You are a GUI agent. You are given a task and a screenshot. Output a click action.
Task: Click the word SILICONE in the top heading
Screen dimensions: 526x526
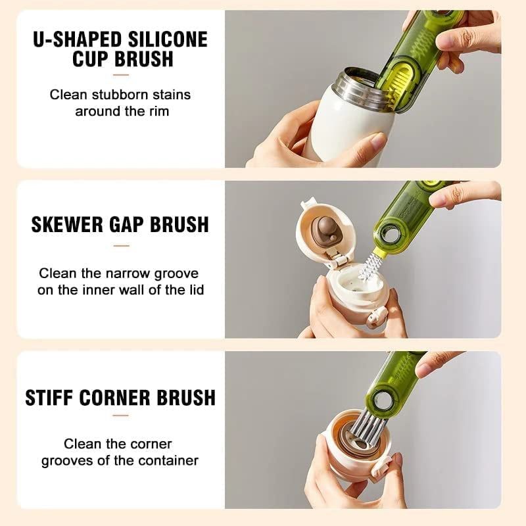(x=166, y=39)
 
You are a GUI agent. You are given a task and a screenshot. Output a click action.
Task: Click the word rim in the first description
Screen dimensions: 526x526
(x=158, y=111)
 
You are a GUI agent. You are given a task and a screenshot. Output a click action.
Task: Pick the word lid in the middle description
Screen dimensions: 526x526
(x=195, y=289)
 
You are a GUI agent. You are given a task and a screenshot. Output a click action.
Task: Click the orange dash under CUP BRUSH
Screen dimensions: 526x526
(x=121, y=75)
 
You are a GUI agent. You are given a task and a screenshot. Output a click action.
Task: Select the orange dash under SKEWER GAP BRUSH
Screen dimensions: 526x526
(x=121, y=246)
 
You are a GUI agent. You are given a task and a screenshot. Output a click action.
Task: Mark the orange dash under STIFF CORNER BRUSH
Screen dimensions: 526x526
(x=121, y=416)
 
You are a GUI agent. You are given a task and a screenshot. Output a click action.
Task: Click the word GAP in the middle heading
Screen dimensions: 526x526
(x=129, y=224)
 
